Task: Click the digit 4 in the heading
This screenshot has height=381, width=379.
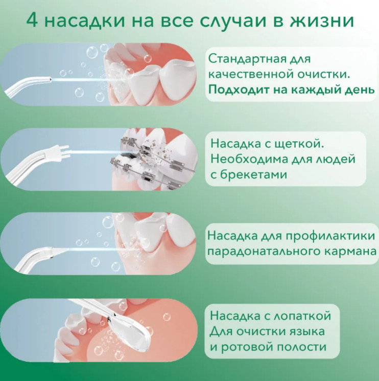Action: [x=32, y=20]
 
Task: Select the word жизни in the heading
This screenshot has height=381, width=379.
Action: [x=322, y=21]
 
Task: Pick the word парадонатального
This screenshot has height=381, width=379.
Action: [x=263, y=252]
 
